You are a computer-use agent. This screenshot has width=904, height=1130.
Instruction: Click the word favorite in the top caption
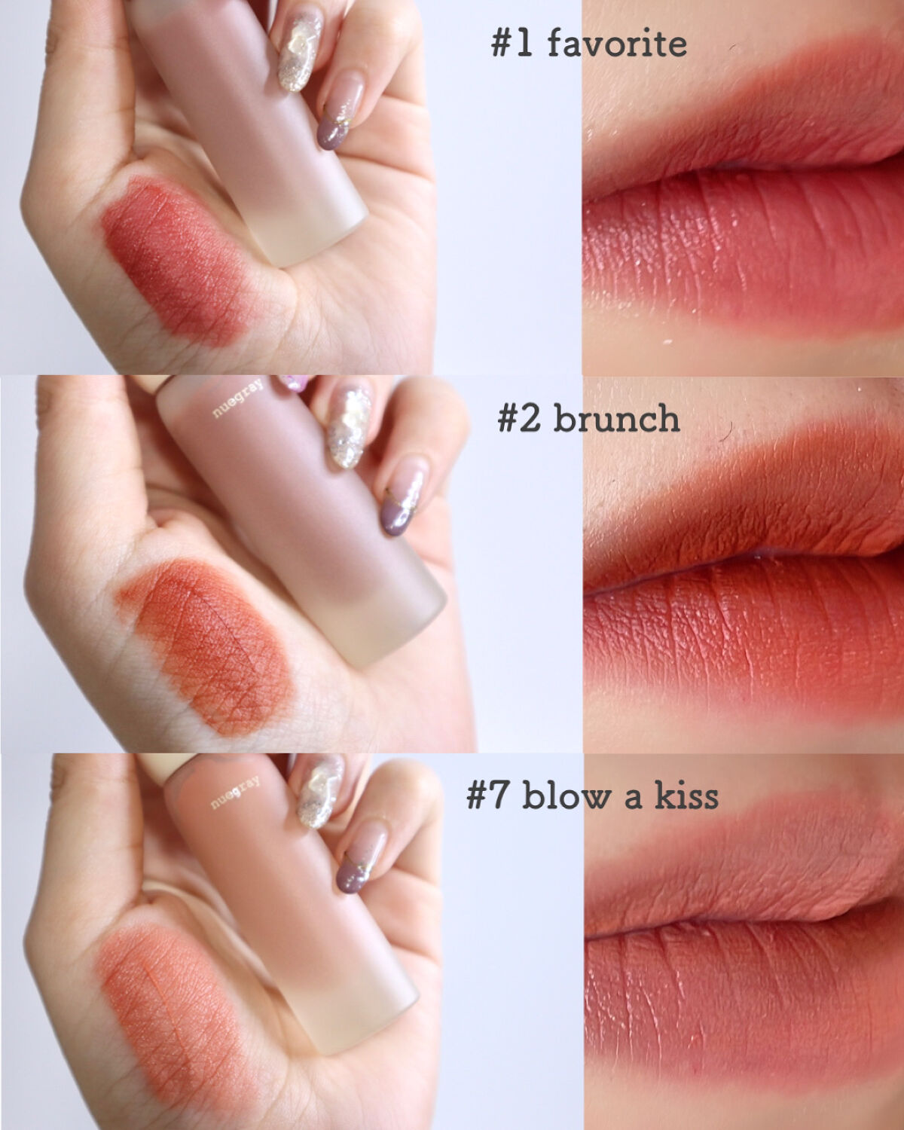pyautogui.click(x=617, y=43)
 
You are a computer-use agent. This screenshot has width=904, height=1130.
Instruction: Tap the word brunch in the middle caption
pyautogui.click(x=617, y=419)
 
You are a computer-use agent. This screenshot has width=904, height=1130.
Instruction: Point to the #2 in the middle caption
pyautogui.click(x=518, y=419)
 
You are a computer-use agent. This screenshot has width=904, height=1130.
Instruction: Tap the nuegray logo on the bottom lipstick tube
pyautogui.click(x=236, y=793)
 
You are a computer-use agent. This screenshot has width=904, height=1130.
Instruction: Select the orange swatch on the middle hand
pyautogui.click(x=205, y=646)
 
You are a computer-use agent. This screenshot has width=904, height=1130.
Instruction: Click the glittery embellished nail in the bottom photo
pyautogui.click(x=319, y=793)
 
